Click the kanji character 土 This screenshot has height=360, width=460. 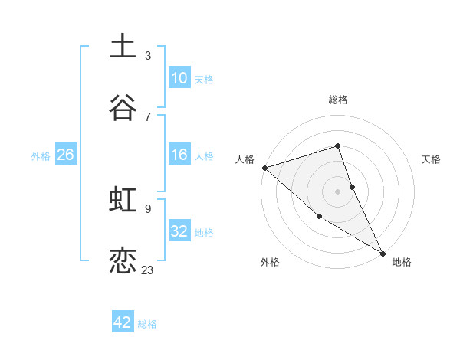point(123,47)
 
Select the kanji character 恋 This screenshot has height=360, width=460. point(123,261)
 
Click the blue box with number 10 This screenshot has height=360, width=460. point(179,78)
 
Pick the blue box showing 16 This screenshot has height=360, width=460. point(179,155)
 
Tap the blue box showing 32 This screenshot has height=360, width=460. point(179,231)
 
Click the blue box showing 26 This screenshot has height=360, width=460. point(65,155)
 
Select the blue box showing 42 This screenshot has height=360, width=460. point(123,322)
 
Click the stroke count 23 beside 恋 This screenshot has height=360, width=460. point(147,270)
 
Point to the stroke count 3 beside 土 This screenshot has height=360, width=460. point(147,55)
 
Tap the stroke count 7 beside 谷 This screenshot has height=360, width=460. point(147,116)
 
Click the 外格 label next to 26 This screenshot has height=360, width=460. point(41,156)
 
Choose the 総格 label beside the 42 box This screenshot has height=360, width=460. point(147,324)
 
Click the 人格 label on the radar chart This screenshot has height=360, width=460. point(245,159)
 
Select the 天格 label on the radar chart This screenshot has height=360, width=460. point(431,159)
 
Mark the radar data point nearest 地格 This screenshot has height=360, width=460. point(382,252)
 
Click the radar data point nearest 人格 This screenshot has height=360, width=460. point(264,168)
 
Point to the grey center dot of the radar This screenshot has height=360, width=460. point(337,191)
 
